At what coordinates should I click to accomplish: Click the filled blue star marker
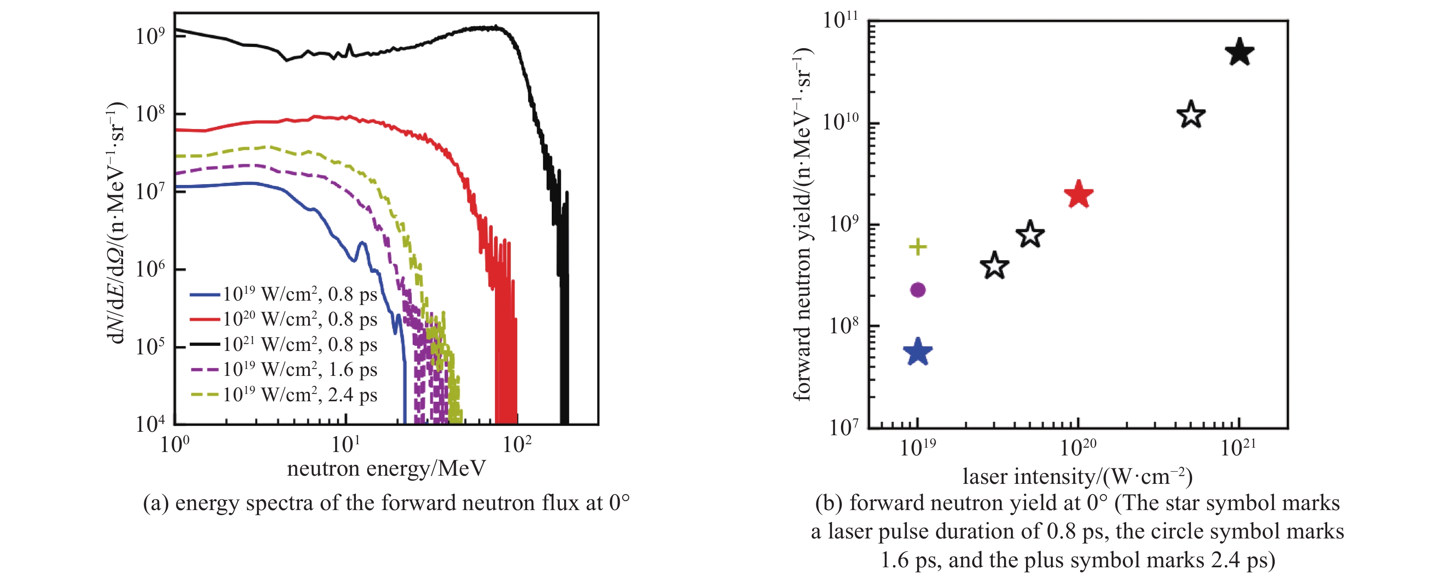[x=918, y=353]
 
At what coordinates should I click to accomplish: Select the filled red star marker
[x=1078, y=195]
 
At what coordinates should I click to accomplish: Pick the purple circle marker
[x=918, y=289]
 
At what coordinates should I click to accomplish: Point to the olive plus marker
[x=918, y=246]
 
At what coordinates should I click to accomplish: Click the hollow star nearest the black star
[x=1191, y=115]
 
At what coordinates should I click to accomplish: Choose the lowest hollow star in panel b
[x=995, y=266]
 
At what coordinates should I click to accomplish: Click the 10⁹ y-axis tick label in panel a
[x=150, y=36]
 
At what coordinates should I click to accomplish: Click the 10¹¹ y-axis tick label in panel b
[x=840, y=20]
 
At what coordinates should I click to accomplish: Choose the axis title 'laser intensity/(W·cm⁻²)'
[x=1077, y=477]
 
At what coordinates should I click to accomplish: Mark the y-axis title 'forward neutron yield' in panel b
[x=802, y=224]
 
